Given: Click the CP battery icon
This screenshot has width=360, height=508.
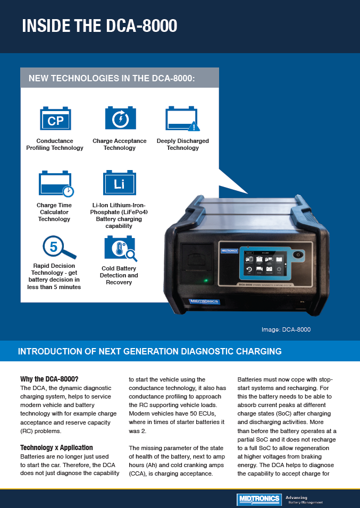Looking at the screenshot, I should click(55, 119).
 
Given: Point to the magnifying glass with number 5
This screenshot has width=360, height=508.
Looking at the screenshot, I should click(57, 248).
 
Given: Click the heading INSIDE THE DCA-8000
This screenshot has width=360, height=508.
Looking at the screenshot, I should click(99, 26).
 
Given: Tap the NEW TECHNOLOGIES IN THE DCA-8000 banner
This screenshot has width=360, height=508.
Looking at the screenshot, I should click(112, 78).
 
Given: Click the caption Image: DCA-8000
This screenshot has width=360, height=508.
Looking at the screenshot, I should click(286, 329).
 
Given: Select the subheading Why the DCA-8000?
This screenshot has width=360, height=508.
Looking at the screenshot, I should click(49, 379).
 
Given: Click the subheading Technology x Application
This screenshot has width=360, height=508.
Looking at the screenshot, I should click(56, 447).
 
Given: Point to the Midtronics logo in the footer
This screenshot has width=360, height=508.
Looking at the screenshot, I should click(259, 499).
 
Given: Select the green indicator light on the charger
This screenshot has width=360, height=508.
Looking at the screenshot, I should click(205, 280).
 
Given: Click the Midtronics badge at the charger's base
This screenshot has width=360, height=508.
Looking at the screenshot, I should click(204, 301).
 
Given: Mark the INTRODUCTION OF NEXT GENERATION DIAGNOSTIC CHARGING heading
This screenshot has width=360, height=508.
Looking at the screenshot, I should click(149, 351).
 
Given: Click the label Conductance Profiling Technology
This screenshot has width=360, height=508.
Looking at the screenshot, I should click(55, 145).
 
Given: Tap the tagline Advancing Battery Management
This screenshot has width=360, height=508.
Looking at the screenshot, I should click(304, 499).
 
